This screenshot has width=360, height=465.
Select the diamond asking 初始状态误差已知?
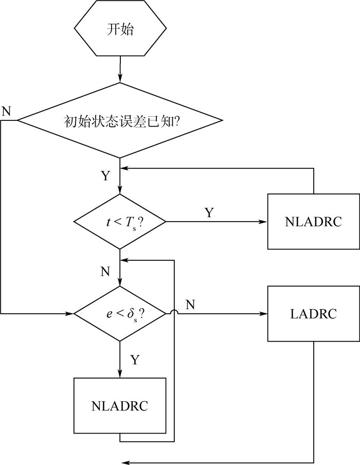120,121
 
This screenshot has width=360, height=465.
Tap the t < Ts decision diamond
120,222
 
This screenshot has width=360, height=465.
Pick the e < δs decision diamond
120,313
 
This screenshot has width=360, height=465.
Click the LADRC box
313,313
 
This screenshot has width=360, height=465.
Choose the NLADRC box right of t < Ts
313,222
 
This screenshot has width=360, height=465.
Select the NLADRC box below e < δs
120,405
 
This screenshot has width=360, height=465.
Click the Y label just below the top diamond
105,176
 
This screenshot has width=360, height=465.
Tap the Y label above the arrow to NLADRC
209,212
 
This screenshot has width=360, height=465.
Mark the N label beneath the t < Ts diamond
105,272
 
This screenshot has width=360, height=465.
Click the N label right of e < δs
190,305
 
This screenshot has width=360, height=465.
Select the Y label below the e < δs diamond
134,360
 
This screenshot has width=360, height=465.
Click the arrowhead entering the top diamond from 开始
120,79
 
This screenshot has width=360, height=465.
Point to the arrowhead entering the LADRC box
263,313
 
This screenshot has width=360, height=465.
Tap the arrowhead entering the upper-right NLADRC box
263,222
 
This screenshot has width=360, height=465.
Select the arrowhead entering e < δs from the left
70,313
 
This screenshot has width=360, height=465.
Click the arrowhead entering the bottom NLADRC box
120,374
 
